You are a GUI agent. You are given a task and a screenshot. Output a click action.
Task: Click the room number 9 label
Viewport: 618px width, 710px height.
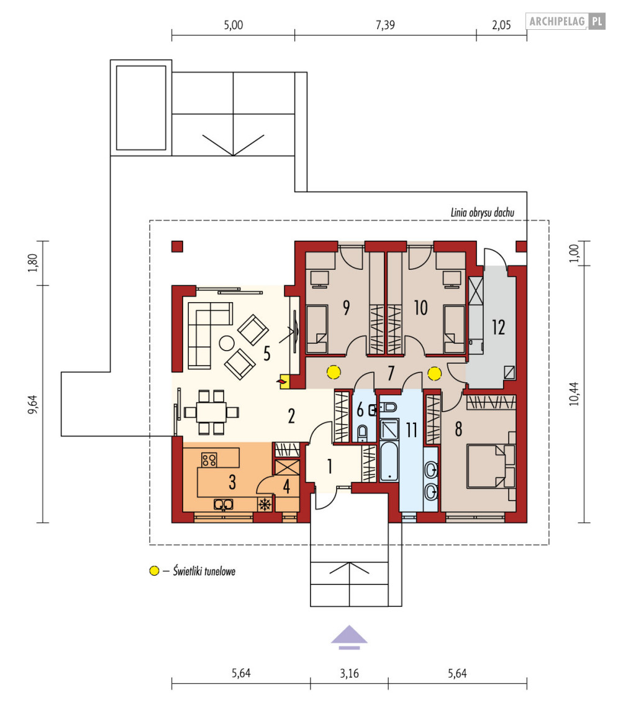(x=346, y=308)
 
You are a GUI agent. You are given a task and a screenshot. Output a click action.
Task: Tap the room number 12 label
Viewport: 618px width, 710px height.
(x=498, y=327)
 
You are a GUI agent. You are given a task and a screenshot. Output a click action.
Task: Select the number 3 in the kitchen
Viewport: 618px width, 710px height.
(x=232, y=482)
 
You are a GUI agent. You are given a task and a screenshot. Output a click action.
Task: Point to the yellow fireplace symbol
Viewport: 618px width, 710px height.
(x=284, y=382)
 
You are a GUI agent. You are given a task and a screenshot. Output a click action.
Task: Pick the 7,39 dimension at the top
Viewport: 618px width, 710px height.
(x=385, y=24)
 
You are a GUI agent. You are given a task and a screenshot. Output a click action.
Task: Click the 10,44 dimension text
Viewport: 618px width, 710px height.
(x=574, y=394)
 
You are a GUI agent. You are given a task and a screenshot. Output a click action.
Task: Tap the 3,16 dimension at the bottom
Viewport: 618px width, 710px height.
(x=349, y=673)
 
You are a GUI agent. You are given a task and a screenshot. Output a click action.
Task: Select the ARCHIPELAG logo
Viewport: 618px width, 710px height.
(x=565, y=21)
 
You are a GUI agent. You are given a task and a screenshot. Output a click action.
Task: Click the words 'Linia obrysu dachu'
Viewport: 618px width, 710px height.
(x=482, y=213)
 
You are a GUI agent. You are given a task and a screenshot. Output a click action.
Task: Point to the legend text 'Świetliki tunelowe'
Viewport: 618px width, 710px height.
(x=204, y=571)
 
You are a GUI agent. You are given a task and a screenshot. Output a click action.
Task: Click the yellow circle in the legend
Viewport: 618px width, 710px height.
(x=154, y=571)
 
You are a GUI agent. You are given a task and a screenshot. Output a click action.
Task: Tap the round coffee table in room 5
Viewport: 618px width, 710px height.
(x=227, y=343)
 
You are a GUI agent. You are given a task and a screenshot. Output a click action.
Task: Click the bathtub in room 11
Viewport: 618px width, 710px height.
(x=389, y=461)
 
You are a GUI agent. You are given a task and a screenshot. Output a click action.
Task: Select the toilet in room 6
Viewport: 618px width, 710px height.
(x=362, y=433)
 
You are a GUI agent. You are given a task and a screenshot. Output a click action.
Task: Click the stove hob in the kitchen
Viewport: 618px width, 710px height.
(x=209, y=460)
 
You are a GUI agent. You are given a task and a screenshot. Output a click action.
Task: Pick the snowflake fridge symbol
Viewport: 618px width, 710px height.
(x=265, y=504)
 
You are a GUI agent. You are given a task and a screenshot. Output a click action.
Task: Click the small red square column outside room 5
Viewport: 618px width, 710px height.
(x=177, y=246)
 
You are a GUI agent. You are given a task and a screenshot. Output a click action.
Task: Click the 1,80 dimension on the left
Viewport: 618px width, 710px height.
(x=32, y=262)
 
